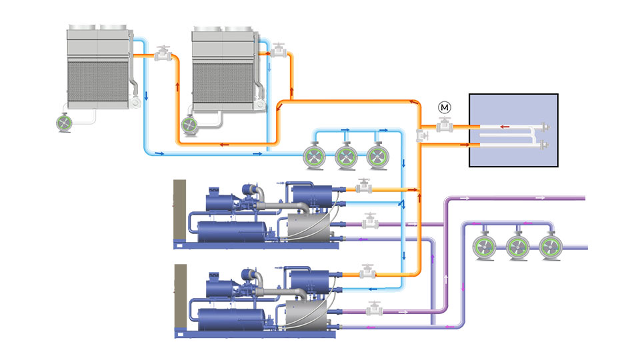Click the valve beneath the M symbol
tap(444, 125)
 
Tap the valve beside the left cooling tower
tap(162, 55)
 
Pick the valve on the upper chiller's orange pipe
tap(364, 187)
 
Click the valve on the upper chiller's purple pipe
tap(370, 221)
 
